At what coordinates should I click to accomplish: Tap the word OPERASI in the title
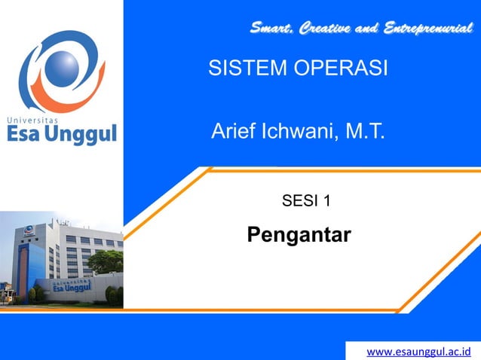click(x=333, y=69)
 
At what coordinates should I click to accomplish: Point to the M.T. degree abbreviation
click(x=365, y=133)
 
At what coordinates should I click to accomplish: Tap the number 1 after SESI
click(x=326, y=200)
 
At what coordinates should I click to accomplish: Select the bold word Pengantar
click(x=299, y=235)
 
